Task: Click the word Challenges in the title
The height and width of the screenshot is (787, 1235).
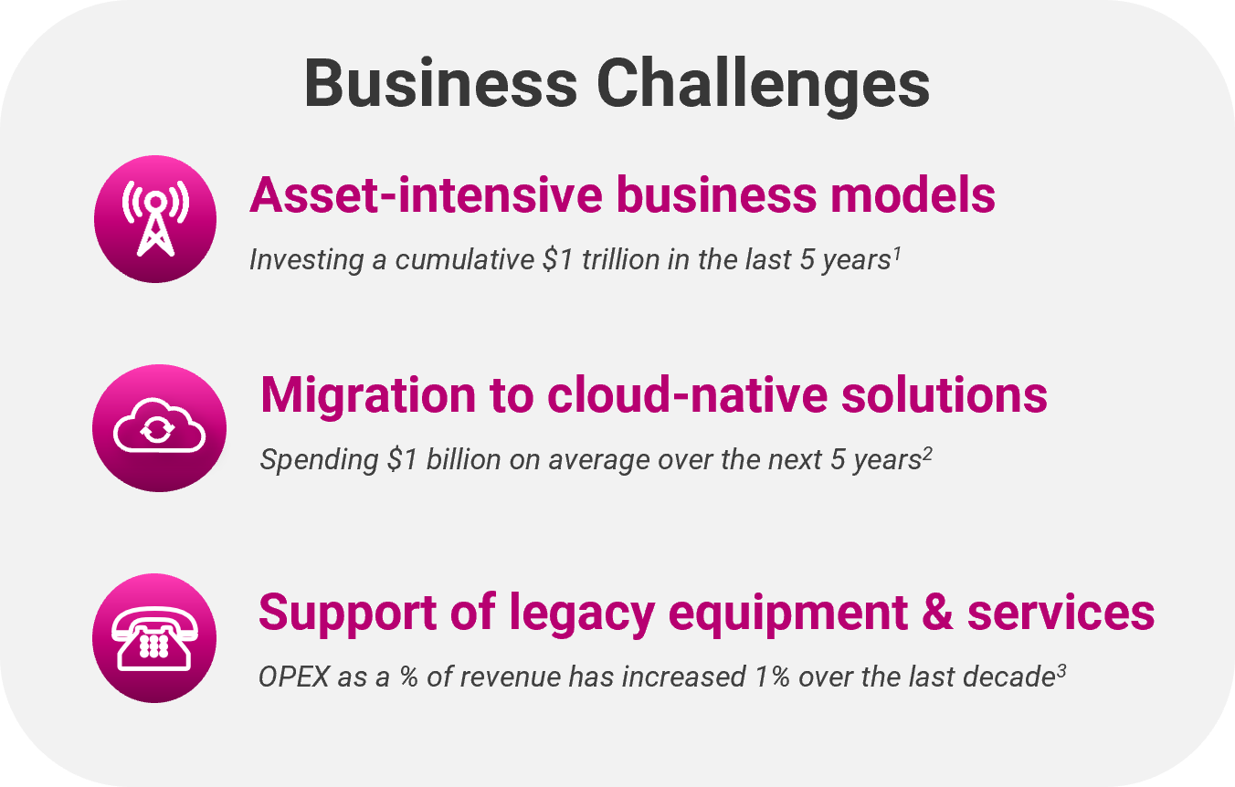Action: pos(763,85)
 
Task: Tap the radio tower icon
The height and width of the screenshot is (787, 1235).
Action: pos(155,219)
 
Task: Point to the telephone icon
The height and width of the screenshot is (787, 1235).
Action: pos(154,639)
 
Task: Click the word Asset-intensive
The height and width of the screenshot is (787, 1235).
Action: pos(427,195)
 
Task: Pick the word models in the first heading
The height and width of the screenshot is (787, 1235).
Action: pos(913,195)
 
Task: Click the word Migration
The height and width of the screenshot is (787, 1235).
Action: pos(368,394)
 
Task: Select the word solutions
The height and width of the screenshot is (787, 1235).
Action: pos(945,394)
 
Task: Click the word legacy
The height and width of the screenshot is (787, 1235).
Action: pos(582,613)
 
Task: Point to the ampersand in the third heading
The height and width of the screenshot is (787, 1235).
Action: pos(937,612)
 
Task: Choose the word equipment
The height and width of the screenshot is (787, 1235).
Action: pos(788,614)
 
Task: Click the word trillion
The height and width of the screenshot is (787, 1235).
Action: pos(621,259)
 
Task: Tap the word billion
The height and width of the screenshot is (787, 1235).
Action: pos(464,459)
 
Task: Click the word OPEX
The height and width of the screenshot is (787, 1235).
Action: pos(294,677)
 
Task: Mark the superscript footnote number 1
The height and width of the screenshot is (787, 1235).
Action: pos(897,254)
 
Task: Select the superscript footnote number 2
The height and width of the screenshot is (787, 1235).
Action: pos(927,454)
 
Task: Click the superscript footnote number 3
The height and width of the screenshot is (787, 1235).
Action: pos(1061,671)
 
